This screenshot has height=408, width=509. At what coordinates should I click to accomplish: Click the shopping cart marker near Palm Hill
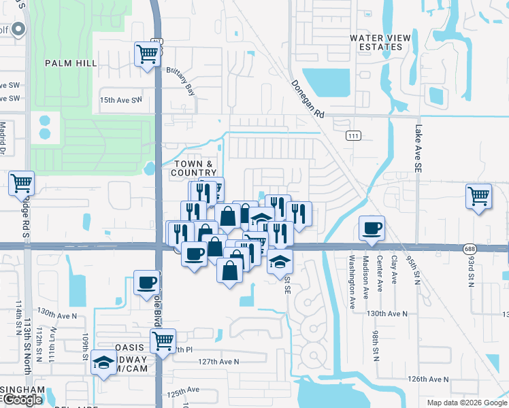(148, 53)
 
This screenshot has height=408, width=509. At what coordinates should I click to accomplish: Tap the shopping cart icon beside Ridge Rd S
(21, 182)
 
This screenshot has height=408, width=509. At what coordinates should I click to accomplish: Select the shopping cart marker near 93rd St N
(479, 196)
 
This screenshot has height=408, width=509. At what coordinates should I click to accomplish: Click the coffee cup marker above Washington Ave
(372, 228)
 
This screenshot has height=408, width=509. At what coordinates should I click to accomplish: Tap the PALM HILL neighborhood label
(71, 63)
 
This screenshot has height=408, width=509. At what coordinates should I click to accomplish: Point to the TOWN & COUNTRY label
(194, 168)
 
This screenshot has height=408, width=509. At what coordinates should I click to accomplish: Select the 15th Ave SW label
(120, 99)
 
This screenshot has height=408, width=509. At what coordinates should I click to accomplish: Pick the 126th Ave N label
(427, 378)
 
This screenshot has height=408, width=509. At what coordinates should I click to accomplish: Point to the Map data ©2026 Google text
(466, 403)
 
